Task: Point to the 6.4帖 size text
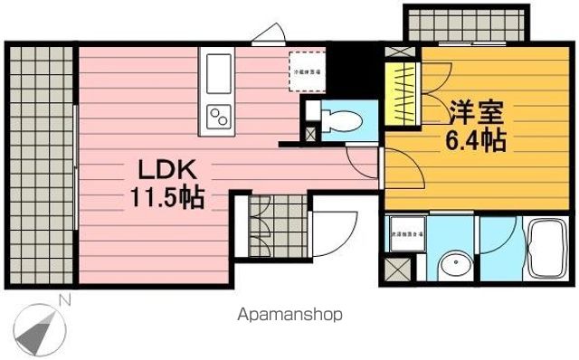[474, 141]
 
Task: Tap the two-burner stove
[220, 116]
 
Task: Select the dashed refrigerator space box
[308, 71]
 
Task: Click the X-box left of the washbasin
[395, 270]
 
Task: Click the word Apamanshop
[289, 316]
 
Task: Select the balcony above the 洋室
[463, 23]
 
